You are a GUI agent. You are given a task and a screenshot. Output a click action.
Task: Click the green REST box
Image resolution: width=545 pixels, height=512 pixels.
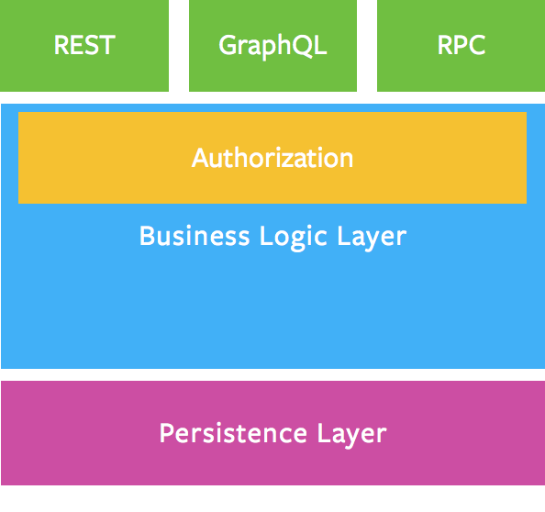(x=84, y=46)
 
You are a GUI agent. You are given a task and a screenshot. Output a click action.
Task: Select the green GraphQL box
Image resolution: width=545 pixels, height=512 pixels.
(x=272, y=46)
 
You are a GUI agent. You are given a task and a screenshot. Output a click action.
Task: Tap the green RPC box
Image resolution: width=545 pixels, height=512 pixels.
(x=461, y=46)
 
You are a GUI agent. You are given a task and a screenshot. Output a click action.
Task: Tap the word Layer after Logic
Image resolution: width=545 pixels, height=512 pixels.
(x=373, y=237)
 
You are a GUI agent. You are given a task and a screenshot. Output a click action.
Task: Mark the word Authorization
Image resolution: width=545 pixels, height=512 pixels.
(x=272, y=158)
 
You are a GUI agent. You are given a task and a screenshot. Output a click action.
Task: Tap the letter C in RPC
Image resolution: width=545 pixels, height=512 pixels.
(x=476, y=46)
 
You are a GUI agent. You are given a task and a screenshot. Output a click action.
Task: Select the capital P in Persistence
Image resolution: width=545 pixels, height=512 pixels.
(x=167, y=433)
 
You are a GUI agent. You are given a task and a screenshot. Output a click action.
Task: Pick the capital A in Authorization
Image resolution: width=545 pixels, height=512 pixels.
(x=200, y=158)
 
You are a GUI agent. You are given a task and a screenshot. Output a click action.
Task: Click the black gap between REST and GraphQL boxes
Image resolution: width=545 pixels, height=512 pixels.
(x=179, y=46)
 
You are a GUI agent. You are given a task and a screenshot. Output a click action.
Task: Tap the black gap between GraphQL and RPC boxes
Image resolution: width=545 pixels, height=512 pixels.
(x=367, y=46)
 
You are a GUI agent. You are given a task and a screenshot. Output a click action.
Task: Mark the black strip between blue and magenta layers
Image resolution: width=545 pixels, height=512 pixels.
(x=272, y=374)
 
